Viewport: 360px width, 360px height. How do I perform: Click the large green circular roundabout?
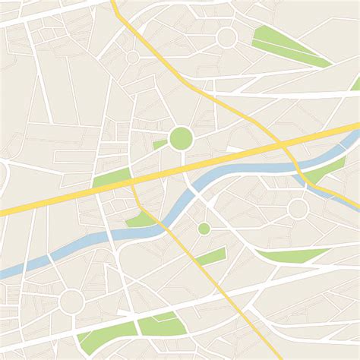181,138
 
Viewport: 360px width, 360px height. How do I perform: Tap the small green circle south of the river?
204,229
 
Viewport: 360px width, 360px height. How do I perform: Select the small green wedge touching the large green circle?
159,144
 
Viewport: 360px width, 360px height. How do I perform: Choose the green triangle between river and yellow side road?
141,220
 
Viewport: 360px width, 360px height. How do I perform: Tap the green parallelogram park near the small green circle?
212,257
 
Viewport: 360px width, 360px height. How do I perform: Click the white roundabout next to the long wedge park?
226,38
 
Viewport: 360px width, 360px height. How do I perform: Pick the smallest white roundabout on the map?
132,57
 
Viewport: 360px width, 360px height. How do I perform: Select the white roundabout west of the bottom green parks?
71,301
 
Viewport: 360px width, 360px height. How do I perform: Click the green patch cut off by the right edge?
355,83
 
